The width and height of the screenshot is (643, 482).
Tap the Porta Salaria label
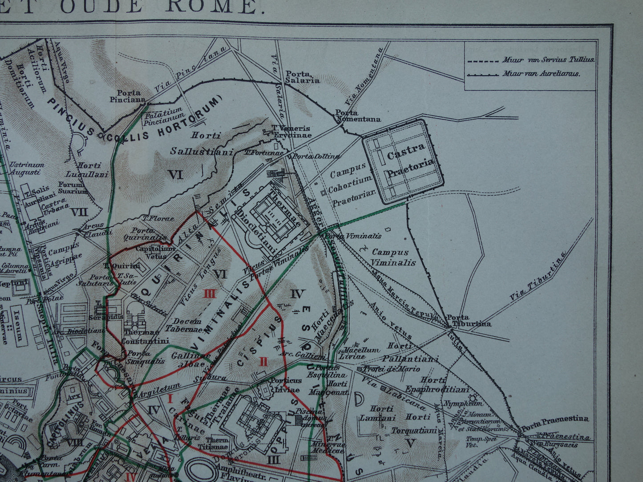click(302, 77)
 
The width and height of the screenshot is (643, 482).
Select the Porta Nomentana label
click(358, 116)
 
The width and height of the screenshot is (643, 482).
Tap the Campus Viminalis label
click(393, 257)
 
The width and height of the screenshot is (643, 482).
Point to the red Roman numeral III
click(210, 294)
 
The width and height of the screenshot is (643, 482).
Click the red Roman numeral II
click(263, 361)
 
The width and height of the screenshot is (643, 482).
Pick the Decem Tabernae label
click(187, 325)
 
